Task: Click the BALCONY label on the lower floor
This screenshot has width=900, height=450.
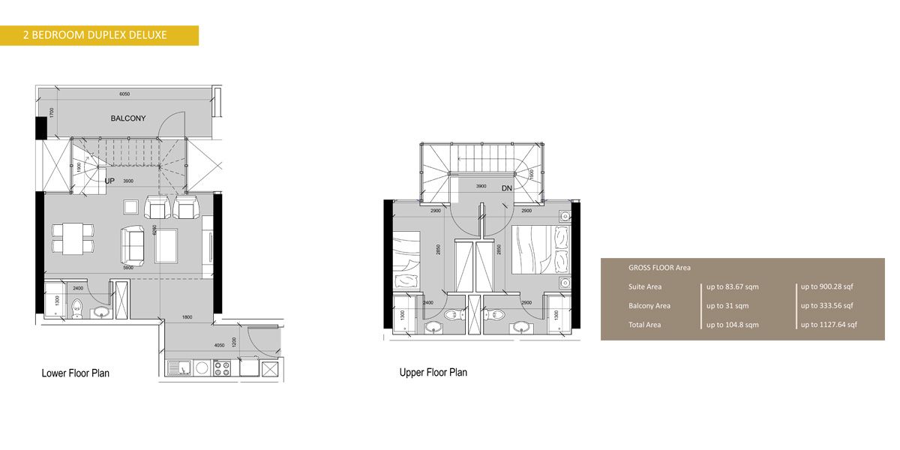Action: click(x=128, y=118)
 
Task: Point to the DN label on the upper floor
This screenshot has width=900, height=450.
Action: click(x=506, y=188)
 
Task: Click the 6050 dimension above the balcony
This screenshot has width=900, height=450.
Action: click(x=124, y=94)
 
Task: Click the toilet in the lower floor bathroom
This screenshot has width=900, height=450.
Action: click(x=76, y=307)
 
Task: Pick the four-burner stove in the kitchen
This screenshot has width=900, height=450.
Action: click(x=221, y=367)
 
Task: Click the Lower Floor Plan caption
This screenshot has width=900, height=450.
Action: click(x=75, y=373)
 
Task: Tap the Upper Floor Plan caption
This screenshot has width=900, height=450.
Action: click(x=433, y=372)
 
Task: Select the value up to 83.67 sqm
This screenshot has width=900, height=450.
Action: click(x=733, y=286)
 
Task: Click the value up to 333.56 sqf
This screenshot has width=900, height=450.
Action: click(x=828, y=306)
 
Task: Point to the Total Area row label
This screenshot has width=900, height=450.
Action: click(x=644, y=325)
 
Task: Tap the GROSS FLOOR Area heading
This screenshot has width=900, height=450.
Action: click(x=659, y=268)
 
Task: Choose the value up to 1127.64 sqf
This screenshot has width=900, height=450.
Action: click(x=829, y=325)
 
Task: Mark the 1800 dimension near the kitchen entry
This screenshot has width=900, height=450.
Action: click(x=187, y=317)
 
